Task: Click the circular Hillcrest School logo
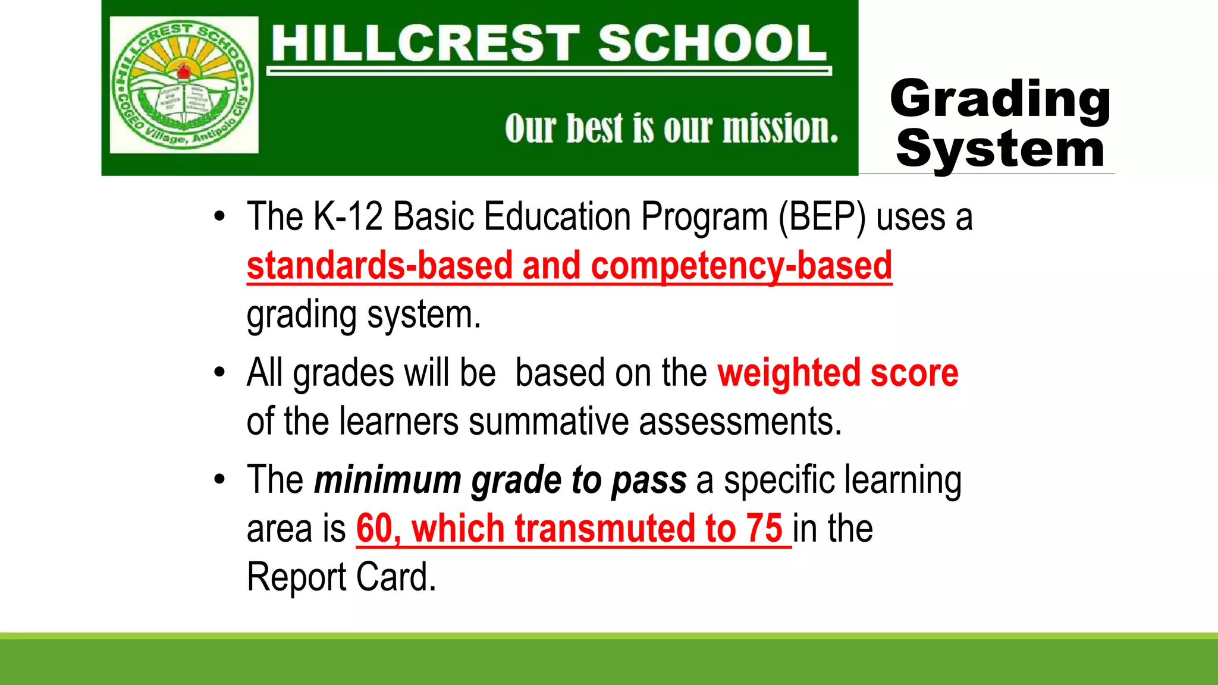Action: (x=184, y=85)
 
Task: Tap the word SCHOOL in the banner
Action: (x=712, y=43)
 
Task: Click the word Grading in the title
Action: (x=1000, y=99)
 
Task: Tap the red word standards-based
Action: (x=379, y=266)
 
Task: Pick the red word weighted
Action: (x=789, y=373)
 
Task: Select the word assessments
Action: (x=740, y=422)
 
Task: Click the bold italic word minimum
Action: (x=388, y=480)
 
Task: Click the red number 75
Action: (x=765, y=529)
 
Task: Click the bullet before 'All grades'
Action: (x=220, y=373)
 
